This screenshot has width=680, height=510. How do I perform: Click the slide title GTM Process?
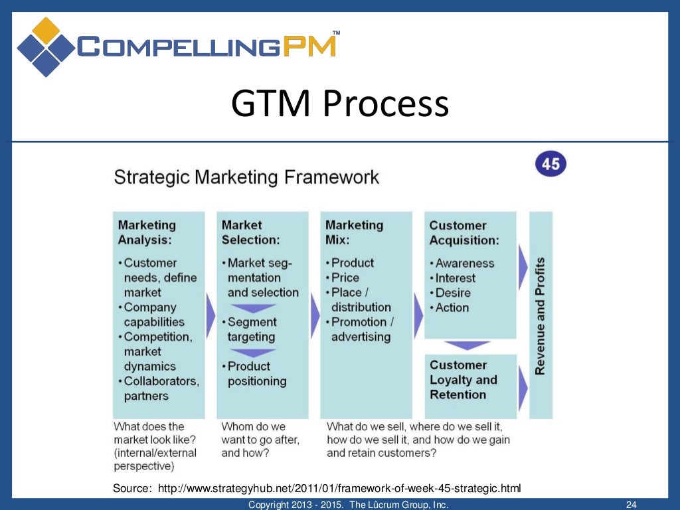[x=339, y=105]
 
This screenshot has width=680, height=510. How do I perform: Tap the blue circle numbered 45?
[x=551, y=164]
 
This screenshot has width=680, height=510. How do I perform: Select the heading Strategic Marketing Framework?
[x=246, y=177]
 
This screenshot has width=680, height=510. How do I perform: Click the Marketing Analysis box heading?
[x=147, y=232]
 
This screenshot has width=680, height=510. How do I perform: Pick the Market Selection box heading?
[x=250, y=232]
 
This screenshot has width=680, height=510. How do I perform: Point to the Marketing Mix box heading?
[x=354, y=232]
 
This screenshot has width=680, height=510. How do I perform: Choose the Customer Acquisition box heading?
[x=464, y=232]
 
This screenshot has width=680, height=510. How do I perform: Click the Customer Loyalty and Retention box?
[x=469, y=380]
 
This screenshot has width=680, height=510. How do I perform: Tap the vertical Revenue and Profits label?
[x=540, y=315]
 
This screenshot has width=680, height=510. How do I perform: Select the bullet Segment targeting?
[x=252, y=329]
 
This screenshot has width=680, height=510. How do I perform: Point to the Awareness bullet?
[x=465, y=263]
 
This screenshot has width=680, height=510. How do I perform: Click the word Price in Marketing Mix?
[x=345, y=278]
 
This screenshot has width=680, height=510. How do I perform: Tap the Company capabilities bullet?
[x=153, y=315]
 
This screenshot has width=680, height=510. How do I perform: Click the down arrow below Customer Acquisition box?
[x=467, y=345]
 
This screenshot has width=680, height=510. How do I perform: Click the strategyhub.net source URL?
[x=339, y=489]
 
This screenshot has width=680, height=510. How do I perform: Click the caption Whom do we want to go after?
[x=260, y=440]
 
